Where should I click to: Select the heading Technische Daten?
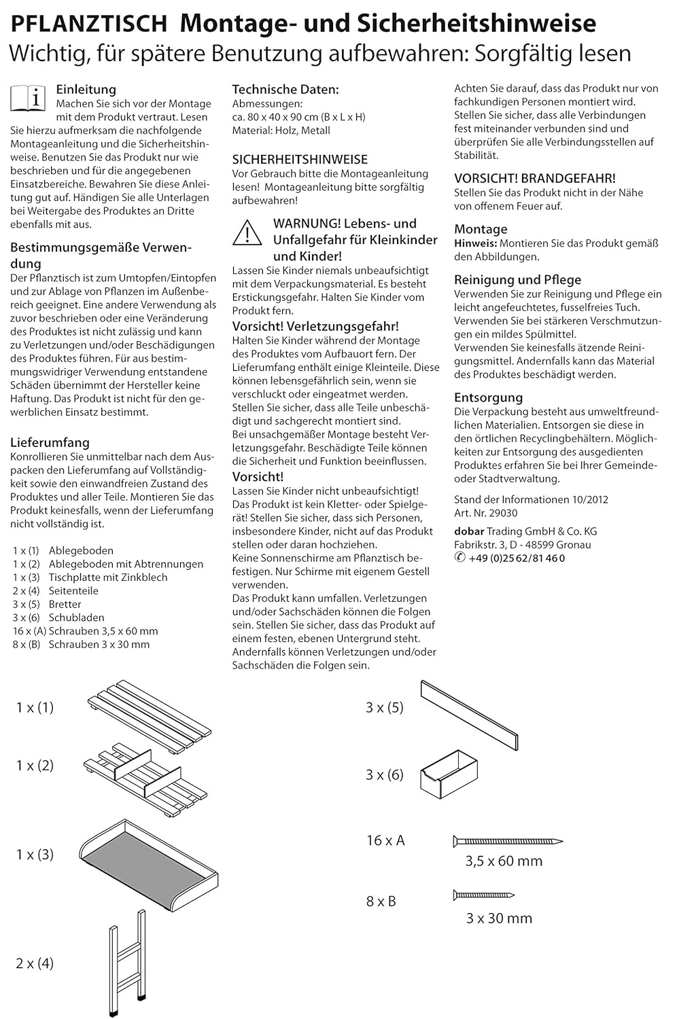point(285,89)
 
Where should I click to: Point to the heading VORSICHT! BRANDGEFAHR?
point(535,178)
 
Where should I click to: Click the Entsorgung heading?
point(488,397)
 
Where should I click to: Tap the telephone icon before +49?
point(459,558)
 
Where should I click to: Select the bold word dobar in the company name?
point(469,531)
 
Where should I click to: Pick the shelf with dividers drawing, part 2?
point(145,776)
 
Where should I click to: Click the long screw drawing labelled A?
point(507,841)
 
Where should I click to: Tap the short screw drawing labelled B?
point(483,895)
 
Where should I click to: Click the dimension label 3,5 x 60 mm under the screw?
point(504,861)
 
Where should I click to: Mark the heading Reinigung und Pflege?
point(517,279)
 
